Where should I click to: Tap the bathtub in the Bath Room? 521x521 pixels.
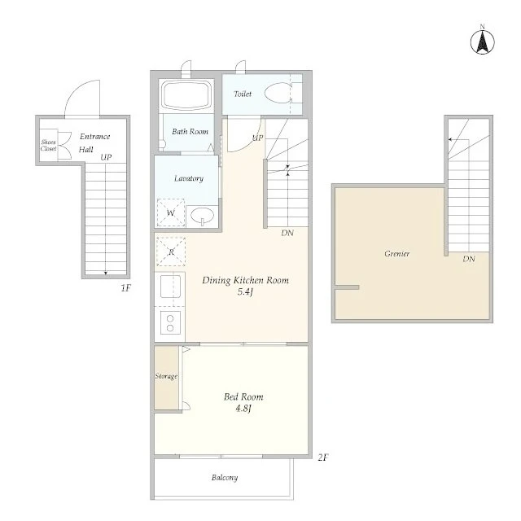tap(186, 94)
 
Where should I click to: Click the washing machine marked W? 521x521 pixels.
tap(170, 212)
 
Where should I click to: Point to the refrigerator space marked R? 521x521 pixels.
tap(171, 252)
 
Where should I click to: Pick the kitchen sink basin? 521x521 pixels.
tap(170, 287)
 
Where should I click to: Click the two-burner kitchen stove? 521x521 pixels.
tap(170, 322)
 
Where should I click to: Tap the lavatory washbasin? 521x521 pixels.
tap(202, 216)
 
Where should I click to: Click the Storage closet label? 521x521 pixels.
tap(166, 376)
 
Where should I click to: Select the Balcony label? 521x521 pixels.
tap(225, 478)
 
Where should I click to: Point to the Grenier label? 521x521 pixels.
tap(396, 253)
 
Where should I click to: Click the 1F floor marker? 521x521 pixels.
tap(126, 287)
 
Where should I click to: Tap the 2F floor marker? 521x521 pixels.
tap(323, 458)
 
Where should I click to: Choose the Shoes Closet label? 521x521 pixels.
tap(49, 145)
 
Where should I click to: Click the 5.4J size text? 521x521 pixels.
tap(245, 291)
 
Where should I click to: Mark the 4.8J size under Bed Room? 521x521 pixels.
tap(243, 408)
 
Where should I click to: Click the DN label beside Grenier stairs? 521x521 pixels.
tap(469, 259)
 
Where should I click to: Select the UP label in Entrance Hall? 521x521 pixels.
tap(106, 157)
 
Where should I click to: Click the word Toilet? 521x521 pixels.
tap(243, 94)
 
